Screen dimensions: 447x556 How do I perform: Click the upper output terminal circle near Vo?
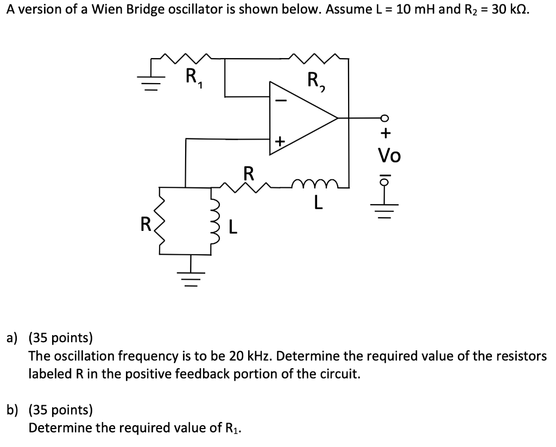tap(385, 118)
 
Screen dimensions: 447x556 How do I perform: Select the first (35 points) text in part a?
tap(60, 338)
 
